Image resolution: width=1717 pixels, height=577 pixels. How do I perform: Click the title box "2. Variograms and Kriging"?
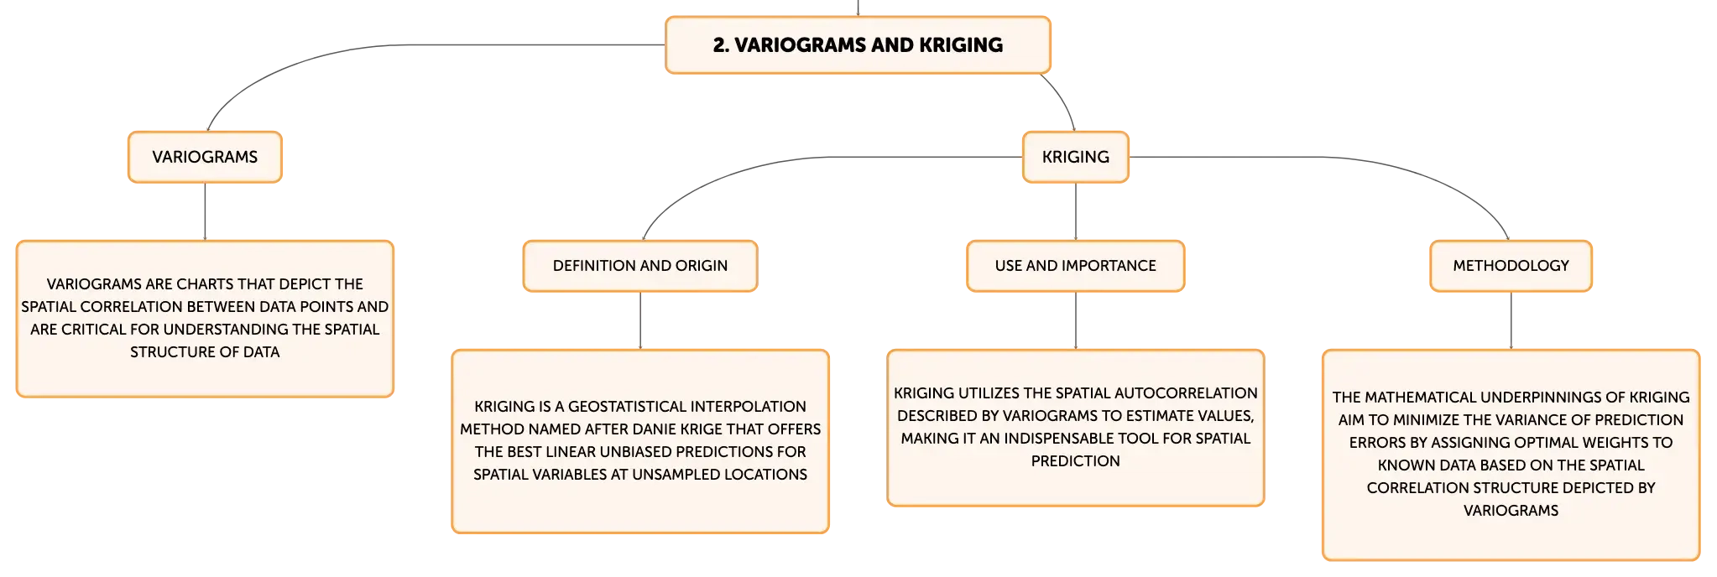coord(858,45)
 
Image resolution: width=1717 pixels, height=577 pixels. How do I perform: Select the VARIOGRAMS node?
coord(205,157)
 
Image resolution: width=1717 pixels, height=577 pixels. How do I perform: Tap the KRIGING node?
coord(1076,157)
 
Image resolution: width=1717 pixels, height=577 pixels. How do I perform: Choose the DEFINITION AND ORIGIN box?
coord(640,266)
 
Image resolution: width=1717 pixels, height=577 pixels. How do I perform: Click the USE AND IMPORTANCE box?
coord(1076,266)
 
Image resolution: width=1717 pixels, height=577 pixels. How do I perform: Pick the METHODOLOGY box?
coord(1511,266)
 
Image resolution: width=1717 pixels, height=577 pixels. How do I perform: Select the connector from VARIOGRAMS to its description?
coord(205,211)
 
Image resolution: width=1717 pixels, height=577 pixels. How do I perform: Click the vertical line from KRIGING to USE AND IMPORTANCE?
coord(1076,211)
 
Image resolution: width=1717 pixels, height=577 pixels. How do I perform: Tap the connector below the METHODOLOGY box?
coord(1511,320)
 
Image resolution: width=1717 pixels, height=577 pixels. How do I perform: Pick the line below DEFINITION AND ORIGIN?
coord(640,320)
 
